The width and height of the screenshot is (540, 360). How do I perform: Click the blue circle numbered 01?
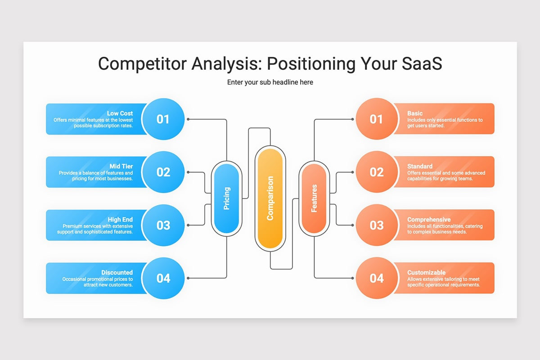[x=163, y=119]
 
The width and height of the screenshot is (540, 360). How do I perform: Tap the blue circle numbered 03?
[x=163, y=225]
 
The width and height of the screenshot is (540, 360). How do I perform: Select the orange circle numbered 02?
[x=377, y=172]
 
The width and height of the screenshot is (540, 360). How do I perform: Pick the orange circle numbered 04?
[x=377, y=278]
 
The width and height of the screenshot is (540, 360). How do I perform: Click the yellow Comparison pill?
[x=270, y=198]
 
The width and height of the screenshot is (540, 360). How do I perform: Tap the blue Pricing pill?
[x=226, y=198]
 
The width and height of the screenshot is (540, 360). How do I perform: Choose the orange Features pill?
[x=314, y=198]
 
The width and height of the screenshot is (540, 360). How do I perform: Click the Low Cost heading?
[x=120, y=113]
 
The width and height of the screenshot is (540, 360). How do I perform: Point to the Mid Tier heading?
[x=121, y=166]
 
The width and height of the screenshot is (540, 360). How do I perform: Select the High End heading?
[x=120, y=220]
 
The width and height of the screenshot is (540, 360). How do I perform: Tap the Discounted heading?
[x=117, y=272]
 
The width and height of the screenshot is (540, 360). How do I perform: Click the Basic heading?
[x=415, y=113]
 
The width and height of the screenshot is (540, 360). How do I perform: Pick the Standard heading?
[x=420, y=166]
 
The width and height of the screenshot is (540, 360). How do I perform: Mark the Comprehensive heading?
[x=429, y=220]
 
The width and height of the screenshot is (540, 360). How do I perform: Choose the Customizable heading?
[x=426, y=272]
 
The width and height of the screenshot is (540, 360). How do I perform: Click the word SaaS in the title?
[x=422, y=63]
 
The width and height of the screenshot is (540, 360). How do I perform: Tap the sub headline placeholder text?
[x=270, y=82]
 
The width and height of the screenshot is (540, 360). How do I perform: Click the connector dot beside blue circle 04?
[x=188, y=278]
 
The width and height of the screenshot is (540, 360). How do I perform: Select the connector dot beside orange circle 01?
[x=352, y=119]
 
